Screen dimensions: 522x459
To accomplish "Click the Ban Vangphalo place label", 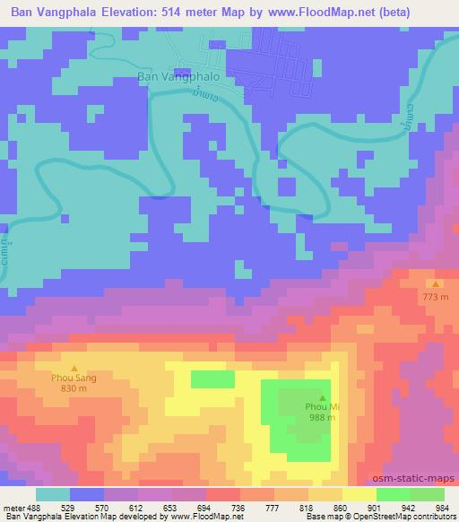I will point(178,77).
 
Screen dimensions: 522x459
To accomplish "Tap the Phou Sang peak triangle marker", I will point(74,368).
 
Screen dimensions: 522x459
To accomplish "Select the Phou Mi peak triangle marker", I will point(322,396).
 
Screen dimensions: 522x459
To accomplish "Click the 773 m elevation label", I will point(436,295).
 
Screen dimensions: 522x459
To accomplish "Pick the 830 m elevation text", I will point(74,389).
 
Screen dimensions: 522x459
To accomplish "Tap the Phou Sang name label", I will point(74,378).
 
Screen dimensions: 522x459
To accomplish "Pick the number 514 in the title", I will point(204,11).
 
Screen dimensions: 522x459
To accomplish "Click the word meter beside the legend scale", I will point(15,507).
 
